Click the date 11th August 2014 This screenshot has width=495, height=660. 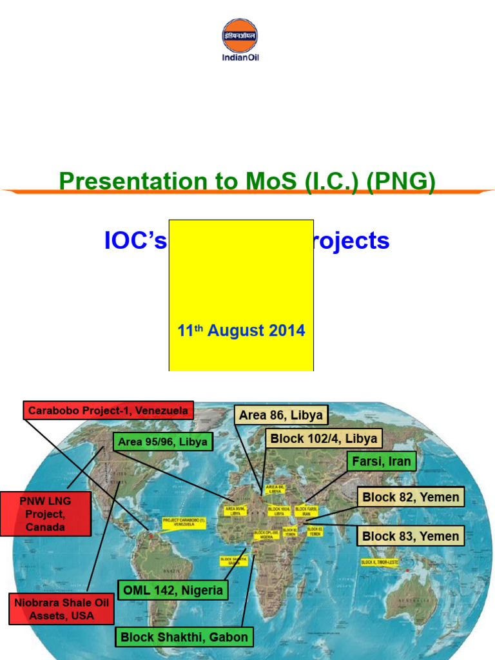click(x=241, y=331)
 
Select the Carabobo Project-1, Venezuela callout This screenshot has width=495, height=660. click(x=108, y=410)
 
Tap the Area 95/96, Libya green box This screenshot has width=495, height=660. click(x=163, y=442)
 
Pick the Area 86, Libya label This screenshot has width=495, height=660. click(x=280, y=415)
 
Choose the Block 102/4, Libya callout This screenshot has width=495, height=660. click(x=324, y=439)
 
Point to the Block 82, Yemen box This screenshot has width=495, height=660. click(x=411, y=497)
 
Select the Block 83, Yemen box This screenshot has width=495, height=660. click(x=411, y=536)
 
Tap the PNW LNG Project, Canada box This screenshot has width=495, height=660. click(x=45, y=514)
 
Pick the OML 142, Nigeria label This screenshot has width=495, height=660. click(x=173, y=590)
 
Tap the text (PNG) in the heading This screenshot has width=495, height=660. click(x=401, y=181)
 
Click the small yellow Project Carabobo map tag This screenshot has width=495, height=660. click(x=184, y=523)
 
